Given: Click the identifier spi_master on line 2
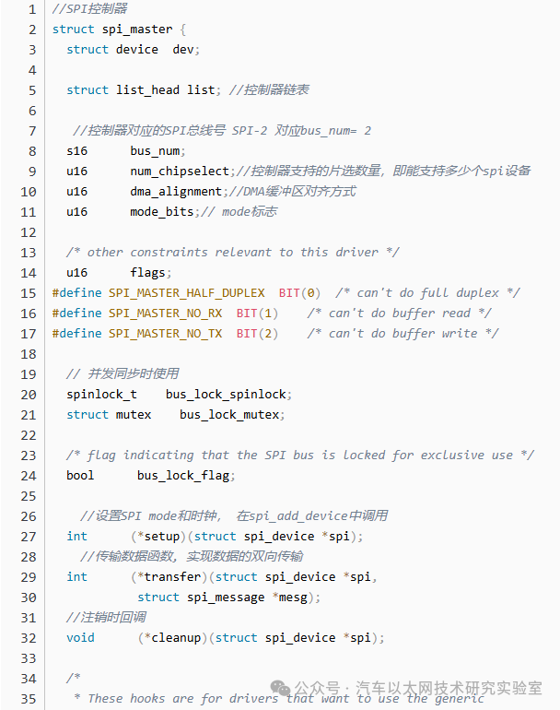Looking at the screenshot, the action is pyautogui.click(x=137, y=30).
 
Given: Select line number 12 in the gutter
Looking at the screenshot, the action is pyautogui.click(x=28, y=232).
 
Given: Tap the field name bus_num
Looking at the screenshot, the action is pyautogui.click(x=155, y=151).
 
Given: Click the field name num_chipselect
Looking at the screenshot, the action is pyautogui.click(x=180, y=172).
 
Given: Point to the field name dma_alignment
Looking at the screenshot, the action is pyautogui.click(x=176, y=192).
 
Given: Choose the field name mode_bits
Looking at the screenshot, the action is pyautogui.click(x=161, y=212).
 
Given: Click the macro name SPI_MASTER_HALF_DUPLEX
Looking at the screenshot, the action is pyautogui.click(x=186, y=293).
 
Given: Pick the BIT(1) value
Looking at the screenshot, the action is pyautogui.click(x=257, y=314).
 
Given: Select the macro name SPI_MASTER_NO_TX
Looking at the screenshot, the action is pyautogui.click(x=165, y=334).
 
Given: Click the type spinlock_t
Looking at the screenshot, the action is pyautogui.click(x=101, y=395).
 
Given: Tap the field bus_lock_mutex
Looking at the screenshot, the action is pyautogui.click(x=229, y=415).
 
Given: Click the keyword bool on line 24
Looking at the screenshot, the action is pyautogui.click(x=80, y=476).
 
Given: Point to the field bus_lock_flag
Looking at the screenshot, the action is pyautogui.click(x=183, y=476).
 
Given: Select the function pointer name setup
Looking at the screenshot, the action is pyautogui.click(x=162, y=537).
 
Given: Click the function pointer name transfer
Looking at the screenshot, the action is pyautogui.click(x=172, y=577).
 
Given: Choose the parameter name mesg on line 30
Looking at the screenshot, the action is pyautogui.click(x=293, y=598).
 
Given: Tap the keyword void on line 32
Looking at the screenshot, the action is pyautogui.click(x=80, y=638).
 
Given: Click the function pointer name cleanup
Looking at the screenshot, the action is pyautogui.click(x=176, y=638).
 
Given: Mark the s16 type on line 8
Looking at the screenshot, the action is pyautogui.click(x=76, y=151).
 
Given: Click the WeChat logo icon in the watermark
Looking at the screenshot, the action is pyautogui.click(x=280, y=689).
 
